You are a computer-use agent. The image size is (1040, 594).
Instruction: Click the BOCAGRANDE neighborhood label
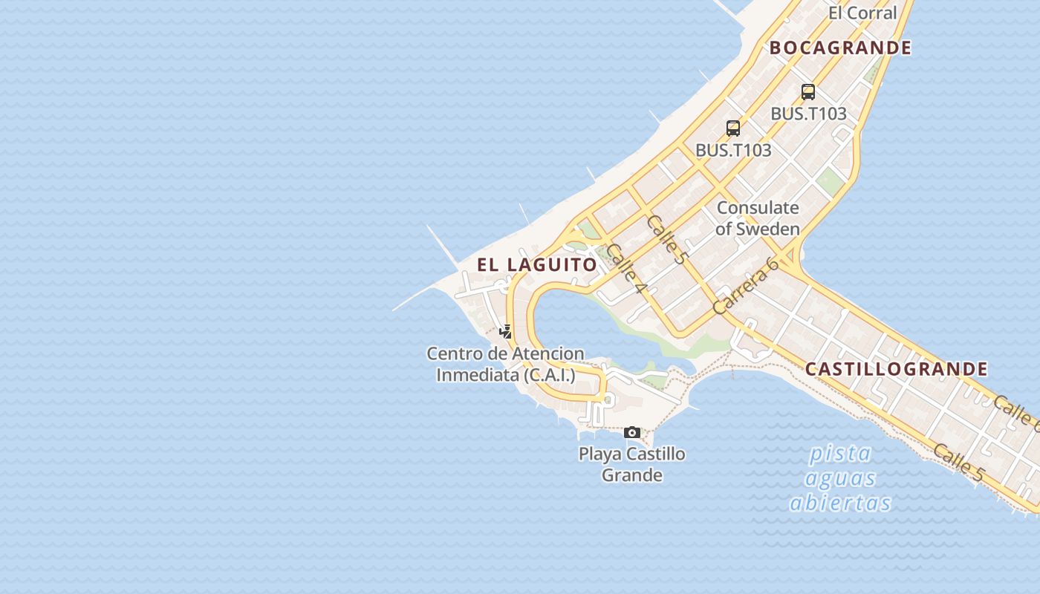point(840,48)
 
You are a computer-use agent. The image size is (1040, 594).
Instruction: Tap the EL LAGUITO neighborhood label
point(537,265)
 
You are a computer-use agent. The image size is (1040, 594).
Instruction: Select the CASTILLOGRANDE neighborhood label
point(896,369)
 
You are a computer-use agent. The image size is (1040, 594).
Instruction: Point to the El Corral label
point(862,13)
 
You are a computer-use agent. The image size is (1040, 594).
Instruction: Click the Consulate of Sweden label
point(758,218)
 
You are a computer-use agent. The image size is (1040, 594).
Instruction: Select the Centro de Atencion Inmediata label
point(505,365)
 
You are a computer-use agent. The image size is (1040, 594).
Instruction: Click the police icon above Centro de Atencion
point(506,332)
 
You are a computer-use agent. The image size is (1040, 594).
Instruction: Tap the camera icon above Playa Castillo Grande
point(632,432)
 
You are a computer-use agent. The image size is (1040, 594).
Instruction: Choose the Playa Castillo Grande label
point(632,464)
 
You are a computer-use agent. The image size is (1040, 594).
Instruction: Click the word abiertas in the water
point(840,503)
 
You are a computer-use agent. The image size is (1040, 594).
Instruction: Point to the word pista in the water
point(840,453)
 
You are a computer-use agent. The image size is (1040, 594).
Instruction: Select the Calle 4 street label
point(625,268)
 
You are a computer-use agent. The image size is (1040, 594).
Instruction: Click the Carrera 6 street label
point(745,286)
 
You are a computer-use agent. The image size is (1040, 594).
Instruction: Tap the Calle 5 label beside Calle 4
point(666,240)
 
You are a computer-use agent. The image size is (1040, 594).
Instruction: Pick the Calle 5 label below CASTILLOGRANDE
point(958,463)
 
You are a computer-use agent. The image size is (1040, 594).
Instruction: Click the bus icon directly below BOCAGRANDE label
point(808,92)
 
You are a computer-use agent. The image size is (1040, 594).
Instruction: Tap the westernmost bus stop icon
point(733,128)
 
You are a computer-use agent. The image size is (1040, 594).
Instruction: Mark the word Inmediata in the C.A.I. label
point(478,375)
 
